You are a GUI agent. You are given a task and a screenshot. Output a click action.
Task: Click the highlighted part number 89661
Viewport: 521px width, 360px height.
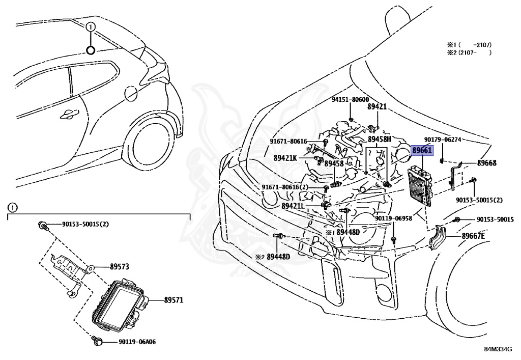[x=422, y=151]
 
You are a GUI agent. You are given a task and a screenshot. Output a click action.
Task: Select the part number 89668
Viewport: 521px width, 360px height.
[x=486, y=163]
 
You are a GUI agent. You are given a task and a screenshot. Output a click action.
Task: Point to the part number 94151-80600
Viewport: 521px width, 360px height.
[x=351, y=100]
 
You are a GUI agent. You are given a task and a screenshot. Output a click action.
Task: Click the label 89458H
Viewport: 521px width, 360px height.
[x=380, y=139]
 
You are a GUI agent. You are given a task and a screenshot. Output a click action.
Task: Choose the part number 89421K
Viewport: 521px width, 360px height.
[x=285, y=158]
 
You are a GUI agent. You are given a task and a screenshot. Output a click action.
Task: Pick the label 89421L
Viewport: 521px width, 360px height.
[x=293, y=206]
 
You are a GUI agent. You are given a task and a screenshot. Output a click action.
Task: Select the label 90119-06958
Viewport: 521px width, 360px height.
[x=394, y=218]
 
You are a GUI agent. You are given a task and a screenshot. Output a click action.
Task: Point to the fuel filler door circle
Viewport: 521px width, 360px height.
[x=130, y=93]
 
